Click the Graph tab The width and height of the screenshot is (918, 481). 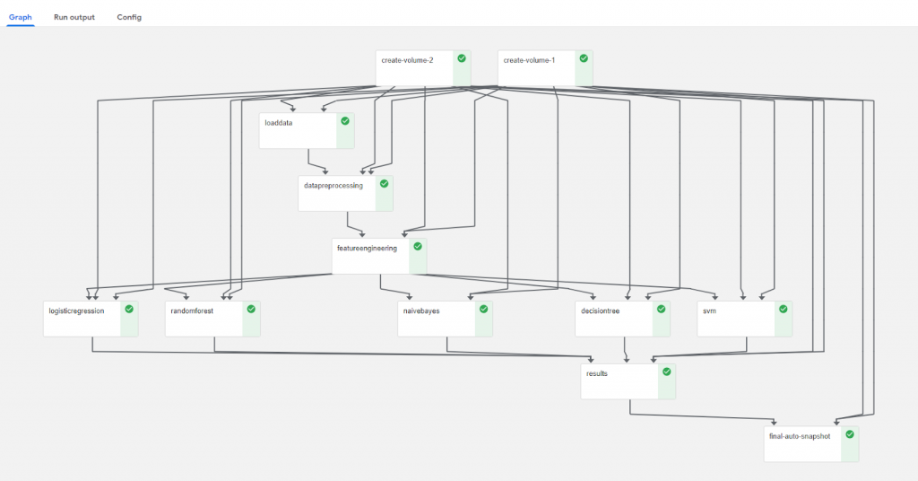pyautogui.click(x=20, y=17)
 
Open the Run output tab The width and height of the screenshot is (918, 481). pyautogui.click(x=74, y=17)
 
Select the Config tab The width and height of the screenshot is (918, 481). pyautogui.click(x=129, y=17)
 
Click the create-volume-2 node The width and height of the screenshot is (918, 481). pyautogui.click(x=423, y=68)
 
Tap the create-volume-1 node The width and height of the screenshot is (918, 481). pyautogui.click(x=545, y=68)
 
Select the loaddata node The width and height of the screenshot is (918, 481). pyautogui.click(x=307, y=131)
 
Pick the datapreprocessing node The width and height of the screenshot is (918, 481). pyautogui.click(x=345, y=193)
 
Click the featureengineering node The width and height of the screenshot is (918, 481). pyautogui.click(x=379, y=256)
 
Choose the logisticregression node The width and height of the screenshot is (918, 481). pyautogui.click(x=91, y=319)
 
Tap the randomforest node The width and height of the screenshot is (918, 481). pyautogui.click(x=212, y=319)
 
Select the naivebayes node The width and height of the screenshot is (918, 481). pyautogui.click(x=445, y=319)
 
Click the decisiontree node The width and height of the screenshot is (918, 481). pyautogui.click(x=622, y=319)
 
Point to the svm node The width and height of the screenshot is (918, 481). pyautogui.click(x=745, y=319)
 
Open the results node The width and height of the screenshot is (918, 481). pyautogui.click(x=628, y=381)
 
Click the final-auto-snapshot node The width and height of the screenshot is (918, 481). pyautogui.click(x=810, y=444)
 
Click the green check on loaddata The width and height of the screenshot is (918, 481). pyautogui.click(x=345, y=120)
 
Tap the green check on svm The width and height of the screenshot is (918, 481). pyautogui.click(x=784, y=309)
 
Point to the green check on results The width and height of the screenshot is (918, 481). pyautogui.click(x=667, y=372)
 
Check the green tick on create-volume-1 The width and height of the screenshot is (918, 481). pyautogui.click(x=584, y=58)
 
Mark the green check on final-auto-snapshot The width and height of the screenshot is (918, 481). pyautogui.click(x=850, y=434)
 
